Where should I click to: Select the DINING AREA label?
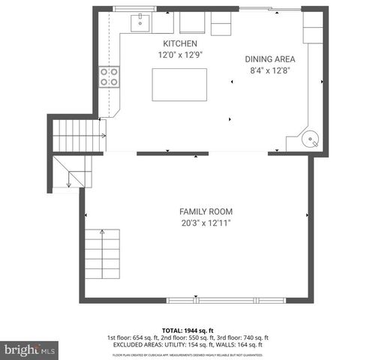270,59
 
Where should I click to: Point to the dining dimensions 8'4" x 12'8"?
270,70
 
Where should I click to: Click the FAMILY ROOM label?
203,211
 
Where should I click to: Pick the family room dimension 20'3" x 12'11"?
203,223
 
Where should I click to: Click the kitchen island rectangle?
180,84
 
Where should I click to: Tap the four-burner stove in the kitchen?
110,76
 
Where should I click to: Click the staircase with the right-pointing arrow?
77,136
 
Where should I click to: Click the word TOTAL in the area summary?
172,330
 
